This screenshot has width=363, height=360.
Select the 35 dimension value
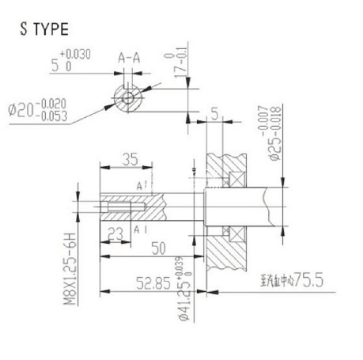[131, 159]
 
